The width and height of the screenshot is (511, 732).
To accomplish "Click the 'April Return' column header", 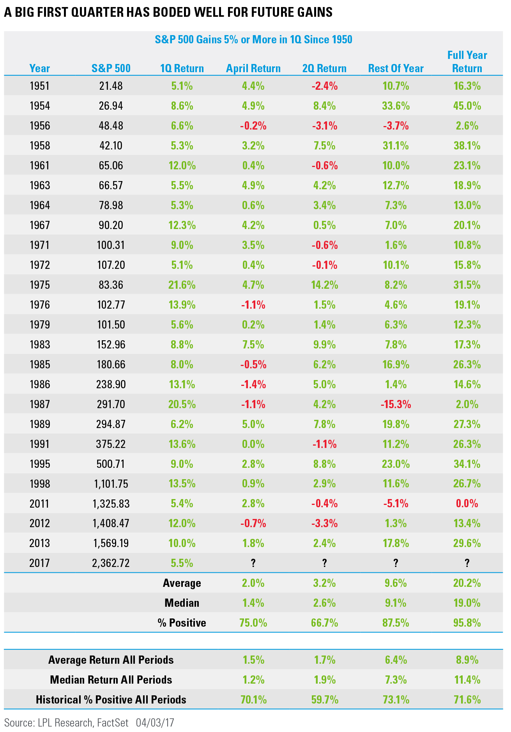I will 253,68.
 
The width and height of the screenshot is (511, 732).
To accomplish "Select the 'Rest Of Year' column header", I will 396,68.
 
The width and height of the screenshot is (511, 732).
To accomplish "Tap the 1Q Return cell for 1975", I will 182,285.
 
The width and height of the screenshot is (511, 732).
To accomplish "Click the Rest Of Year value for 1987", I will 396,404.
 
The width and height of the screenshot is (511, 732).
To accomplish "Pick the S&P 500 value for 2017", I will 111,563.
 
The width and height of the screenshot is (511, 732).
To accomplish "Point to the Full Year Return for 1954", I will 467,106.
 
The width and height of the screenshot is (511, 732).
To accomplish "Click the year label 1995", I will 40,464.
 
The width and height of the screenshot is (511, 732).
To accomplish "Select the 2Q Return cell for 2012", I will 324,523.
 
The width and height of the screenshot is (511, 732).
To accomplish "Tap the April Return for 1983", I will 253,345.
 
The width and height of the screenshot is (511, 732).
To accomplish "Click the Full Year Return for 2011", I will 467,503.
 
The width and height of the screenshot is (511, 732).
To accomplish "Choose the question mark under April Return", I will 253,563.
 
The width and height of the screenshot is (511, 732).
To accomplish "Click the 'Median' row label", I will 182,603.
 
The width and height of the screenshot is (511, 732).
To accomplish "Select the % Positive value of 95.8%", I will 467,623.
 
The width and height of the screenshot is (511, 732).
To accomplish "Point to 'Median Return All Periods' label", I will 111,680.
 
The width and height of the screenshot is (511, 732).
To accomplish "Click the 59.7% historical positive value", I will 324,700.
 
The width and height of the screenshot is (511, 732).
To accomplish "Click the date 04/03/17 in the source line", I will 155,723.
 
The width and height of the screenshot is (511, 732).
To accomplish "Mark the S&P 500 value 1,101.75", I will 111,484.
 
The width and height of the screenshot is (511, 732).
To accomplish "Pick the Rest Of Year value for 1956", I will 396,126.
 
